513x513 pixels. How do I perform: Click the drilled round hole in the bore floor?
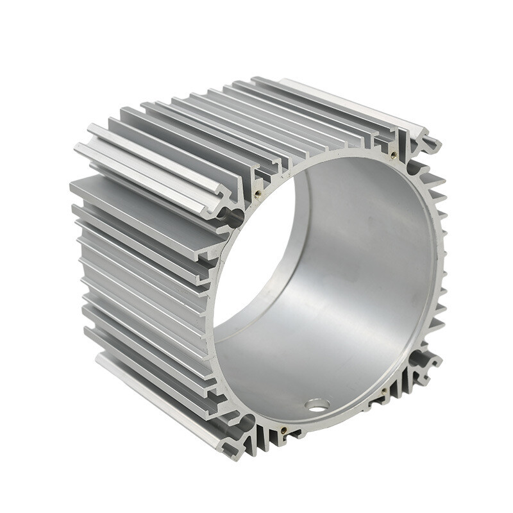coord(317,405)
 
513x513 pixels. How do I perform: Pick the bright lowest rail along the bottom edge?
coord(160,404)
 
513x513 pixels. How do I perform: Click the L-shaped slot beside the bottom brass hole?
coord(296,436)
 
